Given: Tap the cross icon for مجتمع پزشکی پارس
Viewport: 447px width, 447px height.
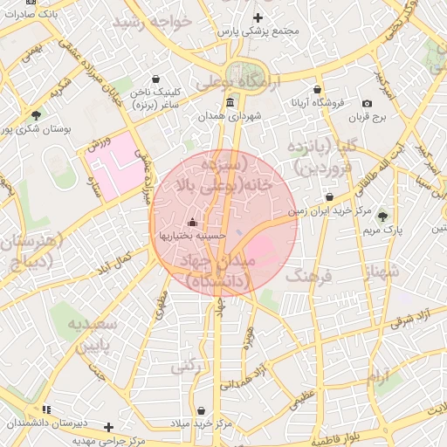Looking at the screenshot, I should [x=258, y=17].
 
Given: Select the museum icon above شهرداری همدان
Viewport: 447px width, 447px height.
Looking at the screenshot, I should [x=230, y=102].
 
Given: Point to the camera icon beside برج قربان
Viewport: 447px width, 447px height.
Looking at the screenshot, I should [x=367, y=103].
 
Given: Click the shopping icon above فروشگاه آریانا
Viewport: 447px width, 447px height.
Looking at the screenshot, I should [x=316, y=89].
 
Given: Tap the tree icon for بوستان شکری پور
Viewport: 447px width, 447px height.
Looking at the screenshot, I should [x=36, y=115].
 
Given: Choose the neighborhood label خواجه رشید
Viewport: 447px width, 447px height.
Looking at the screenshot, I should [x=166, y=22].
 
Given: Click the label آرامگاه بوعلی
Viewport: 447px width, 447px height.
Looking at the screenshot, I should [x=237, y=83].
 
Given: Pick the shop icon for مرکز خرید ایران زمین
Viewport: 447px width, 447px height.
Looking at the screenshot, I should [x=329, y=197].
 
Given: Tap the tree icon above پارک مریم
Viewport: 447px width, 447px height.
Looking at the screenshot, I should [x=382, y=216].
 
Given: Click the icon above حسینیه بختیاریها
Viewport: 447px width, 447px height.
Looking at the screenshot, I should [x=193, y=222].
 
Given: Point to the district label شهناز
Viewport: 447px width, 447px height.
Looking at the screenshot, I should [x=383, y=272].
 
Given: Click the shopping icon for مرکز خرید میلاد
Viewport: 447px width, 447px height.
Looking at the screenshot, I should [x=202, y=410].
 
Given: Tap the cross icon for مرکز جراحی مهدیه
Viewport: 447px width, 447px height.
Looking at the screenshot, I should [x=108, y=427].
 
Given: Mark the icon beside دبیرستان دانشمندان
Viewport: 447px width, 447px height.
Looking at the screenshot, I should [x=46, y=409].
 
